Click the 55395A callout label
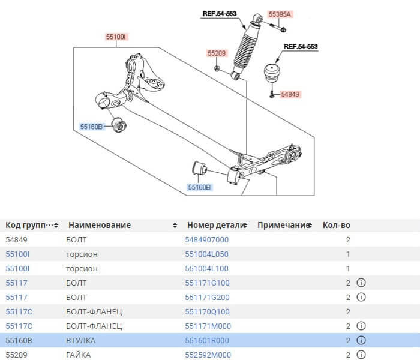point(279,14)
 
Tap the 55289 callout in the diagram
point(217,53)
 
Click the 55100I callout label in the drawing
point(116,37)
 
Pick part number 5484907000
point(208,240)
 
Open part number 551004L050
point(208,254)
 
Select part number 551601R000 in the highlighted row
point(208,341)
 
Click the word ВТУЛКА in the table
point(80,341)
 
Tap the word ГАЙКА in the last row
point(79,355)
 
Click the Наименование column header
point(100,226)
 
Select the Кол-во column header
point(336,226)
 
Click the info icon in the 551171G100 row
point(361,283)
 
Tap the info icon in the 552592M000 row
point(361,355)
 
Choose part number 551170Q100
point(208,312)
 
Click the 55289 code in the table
point(16,355)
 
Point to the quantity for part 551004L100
point(348,269)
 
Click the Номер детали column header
point(217,226)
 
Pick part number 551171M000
point(208,326)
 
